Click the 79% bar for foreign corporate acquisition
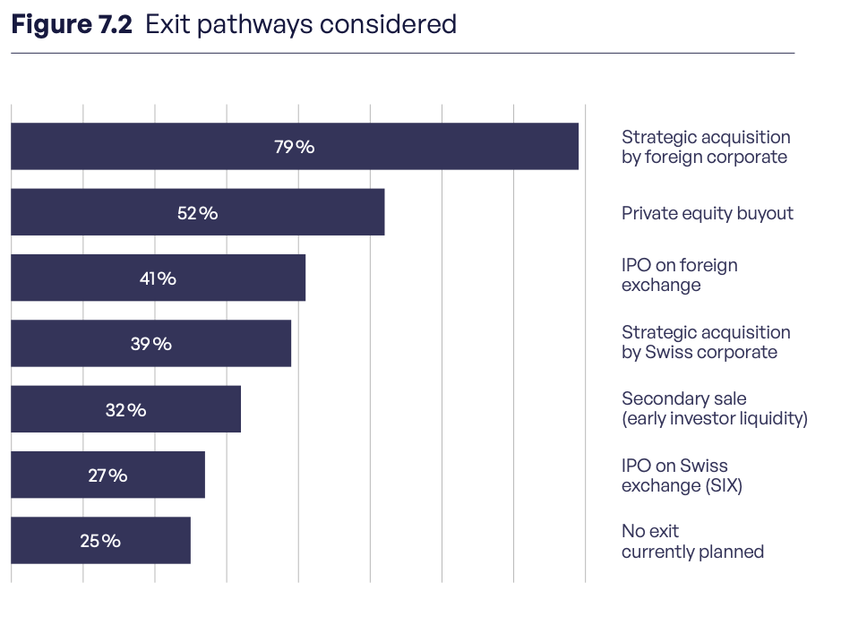[x=295, y=147]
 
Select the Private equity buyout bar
[x=198, y=212]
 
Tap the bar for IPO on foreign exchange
[x=159, y=278]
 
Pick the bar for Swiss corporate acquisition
[x=151, y=343]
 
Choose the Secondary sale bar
[x=126, y=409]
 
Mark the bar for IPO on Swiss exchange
[x=107, y=475]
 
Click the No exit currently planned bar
[x=100, y=541]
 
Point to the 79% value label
[x=295, y=147]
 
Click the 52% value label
[x=197, y=213]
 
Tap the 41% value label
[x=159, y=278]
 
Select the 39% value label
[x=151, y=344]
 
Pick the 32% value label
[x=126, y=410]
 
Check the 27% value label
[x=107, y=475]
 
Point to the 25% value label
[x=100, y=541]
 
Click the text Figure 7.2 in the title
[x=72, y=25]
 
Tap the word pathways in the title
[x=255, y=26]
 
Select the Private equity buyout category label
[x=708, y=214]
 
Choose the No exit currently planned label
[x=693, y=542]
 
